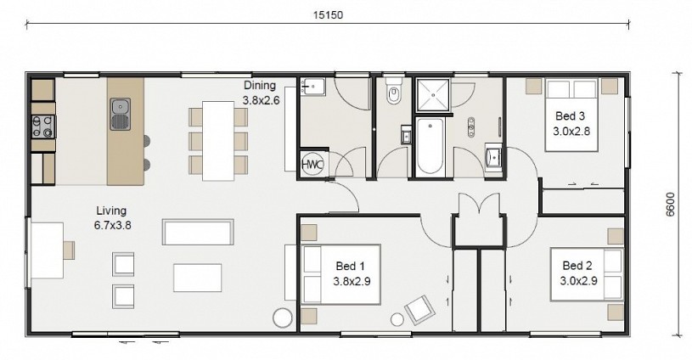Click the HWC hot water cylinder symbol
point(312,164)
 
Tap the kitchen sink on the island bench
point(120,114)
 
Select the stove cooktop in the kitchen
point(43,127)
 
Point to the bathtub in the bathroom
point(430,145)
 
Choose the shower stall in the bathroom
point(433,95)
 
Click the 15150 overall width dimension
point(328,15)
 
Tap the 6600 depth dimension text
point(670,205)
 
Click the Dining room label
point(260,85)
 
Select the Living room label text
point(112,211)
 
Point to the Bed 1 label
point(351,266)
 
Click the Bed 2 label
point(577,266)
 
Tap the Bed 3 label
point(571,116)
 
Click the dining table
point(218,141)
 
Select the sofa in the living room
point(198,232)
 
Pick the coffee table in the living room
point(197,278)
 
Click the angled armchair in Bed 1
point(420,310)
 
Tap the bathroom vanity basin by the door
point(493,156)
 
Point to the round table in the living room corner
point(283,318)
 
